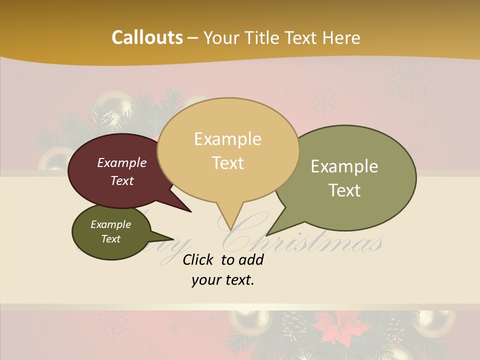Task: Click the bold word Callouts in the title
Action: point(147,37)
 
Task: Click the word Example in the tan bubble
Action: point(228,139)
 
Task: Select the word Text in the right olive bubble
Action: point(344,190)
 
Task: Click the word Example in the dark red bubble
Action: point(122,163)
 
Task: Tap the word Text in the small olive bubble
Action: point(111,239)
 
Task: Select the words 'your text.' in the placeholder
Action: point(223,280)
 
